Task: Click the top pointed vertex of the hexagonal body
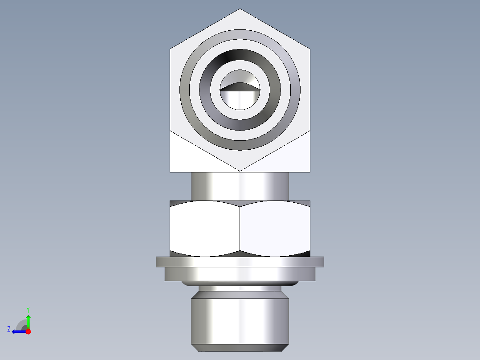point(240,9)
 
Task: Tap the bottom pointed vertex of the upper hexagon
point(240,170)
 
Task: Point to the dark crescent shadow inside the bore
point(240,86)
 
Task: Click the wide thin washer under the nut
point(240,262)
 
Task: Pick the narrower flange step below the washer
point(240,274)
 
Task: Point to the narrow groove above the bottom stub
point(240,289)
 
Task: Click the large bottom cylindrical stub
point(240,319)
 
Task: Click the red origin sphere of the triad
point(28,331)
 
